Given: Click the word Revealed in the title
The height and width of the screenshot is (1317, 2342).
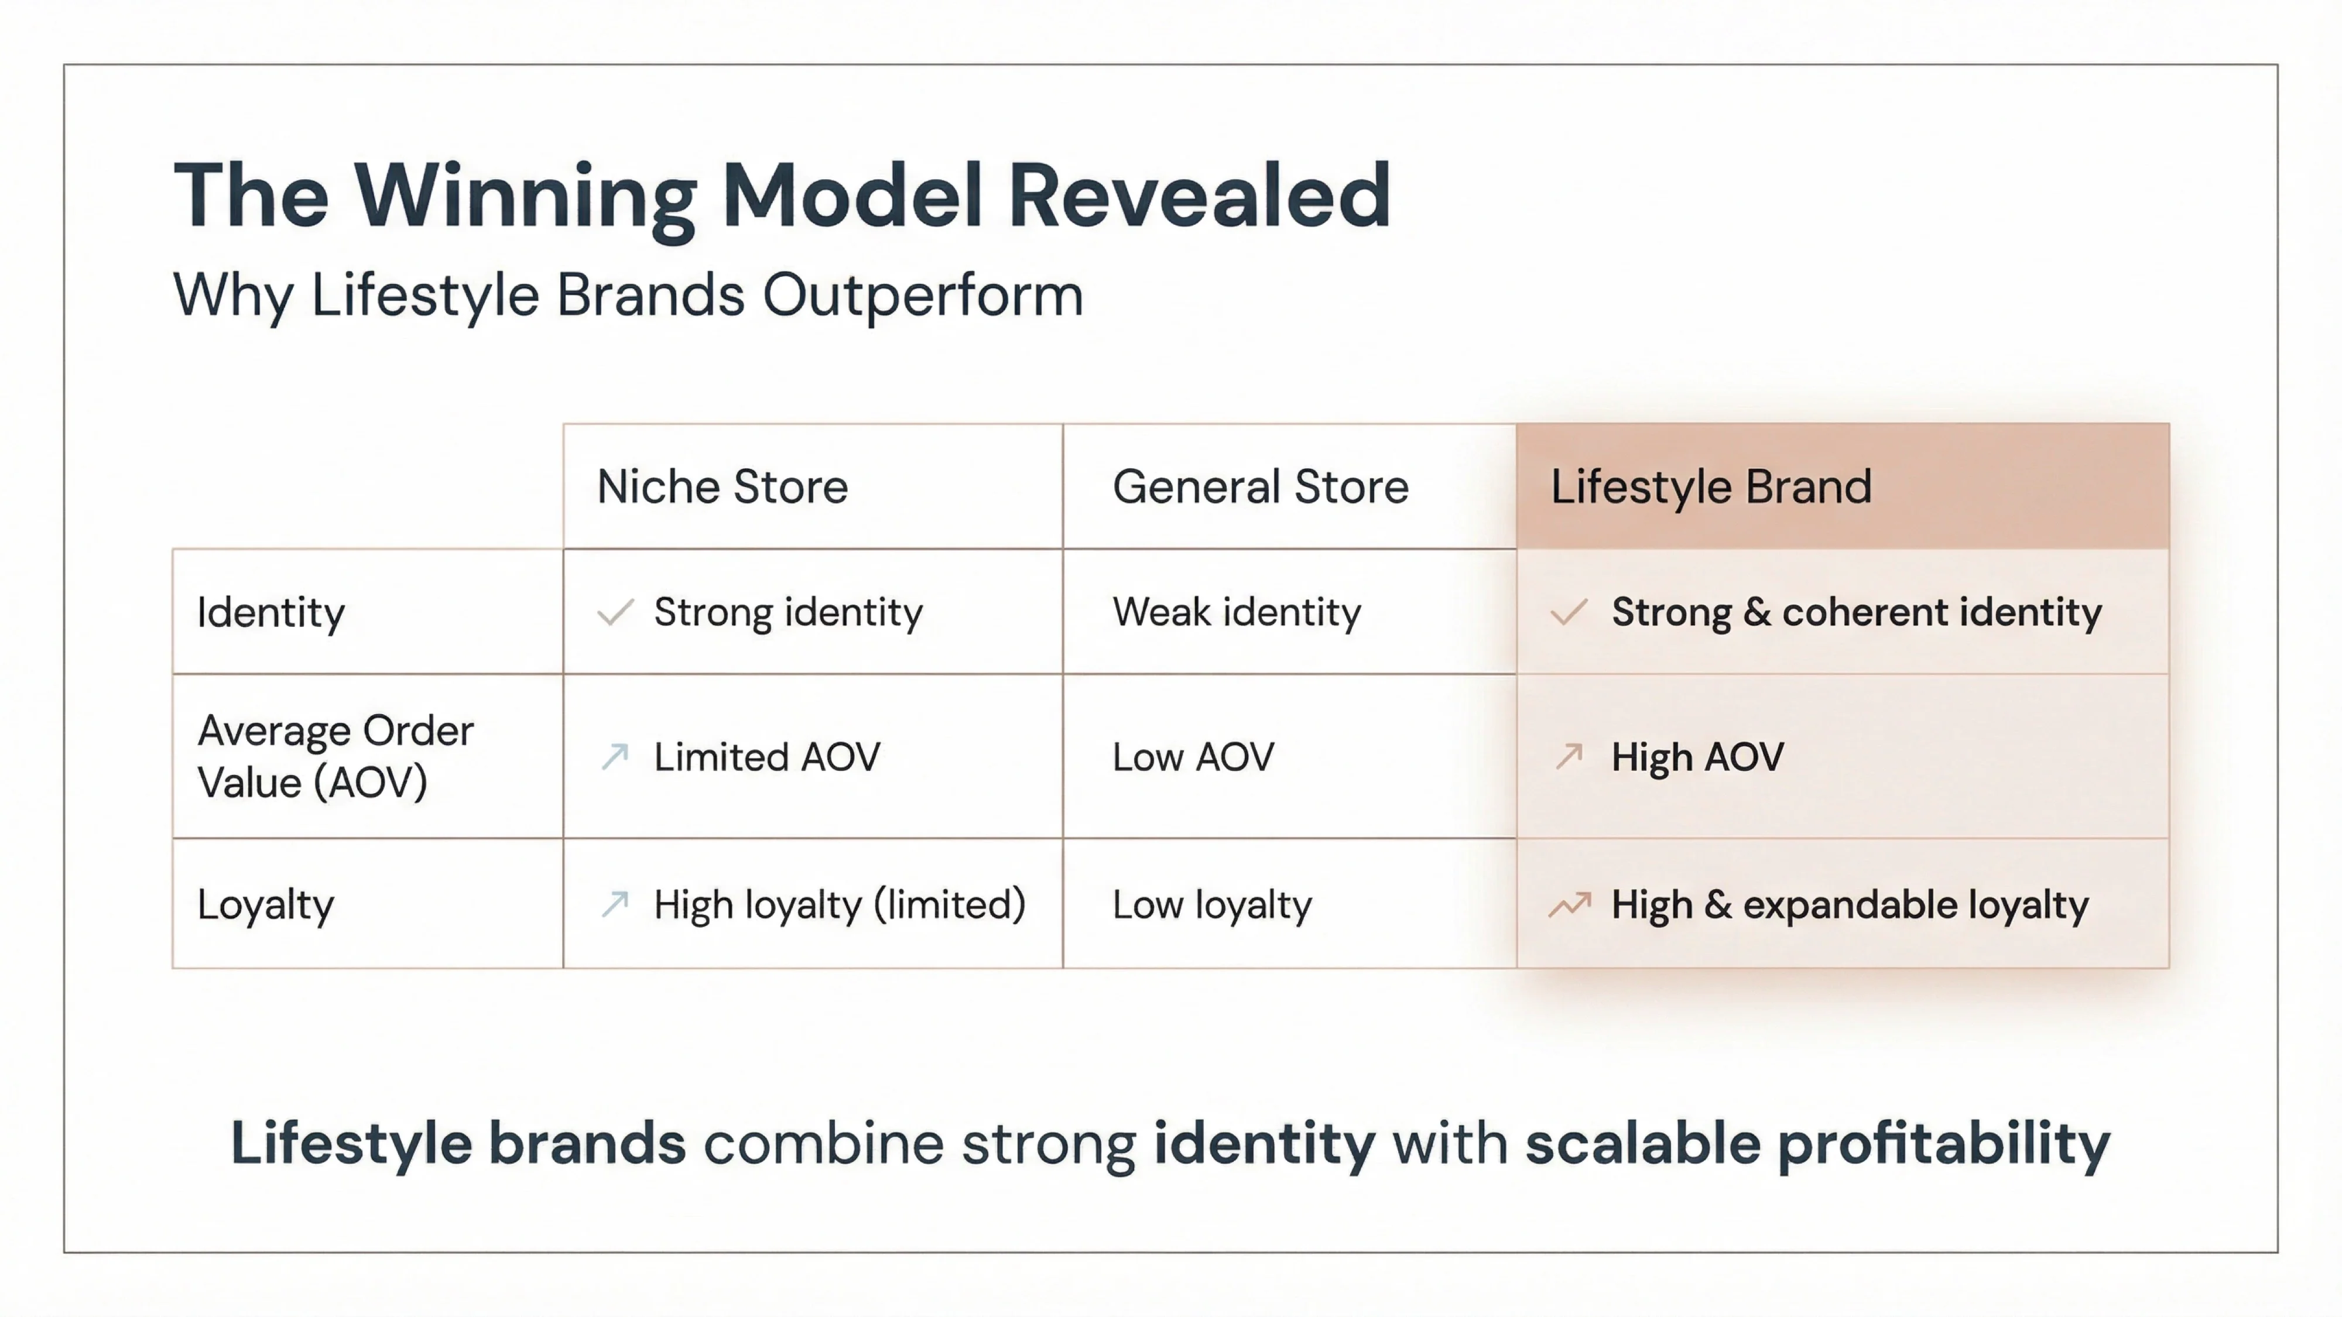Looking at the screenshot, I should pos(1199,196).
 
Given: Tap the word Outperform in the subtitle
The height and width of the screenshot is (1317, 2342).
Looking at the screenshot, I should pos(922,296).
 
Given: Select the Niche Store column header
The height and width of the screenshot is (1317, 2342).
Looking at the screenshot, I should pos(722,486).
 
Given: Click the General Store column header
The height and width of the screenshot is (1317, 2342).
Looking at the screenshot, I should pos(1260,486).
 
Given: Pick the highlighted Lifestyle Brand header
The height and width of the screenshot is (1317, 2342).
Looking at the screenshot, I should pos(1710,486).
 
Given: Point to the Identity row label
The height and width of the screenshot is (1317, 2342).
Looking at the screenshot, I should pos(271,613).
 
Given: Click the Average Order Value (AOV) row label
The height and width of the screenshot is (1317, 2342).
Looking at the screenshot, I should pos(334,756).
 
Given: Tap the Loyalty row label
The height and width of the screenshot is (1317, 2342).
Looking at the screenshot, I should pos(265,904).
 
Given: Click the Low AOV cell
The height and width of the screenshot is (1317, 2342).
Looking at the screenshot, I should pos(1193,757).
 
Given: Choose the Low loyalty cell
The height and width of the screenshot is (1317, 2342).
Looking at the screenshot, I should pos(1212,904).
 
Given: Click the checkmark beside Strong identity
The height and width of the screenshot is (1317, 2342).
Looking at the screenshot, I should pos(615,613).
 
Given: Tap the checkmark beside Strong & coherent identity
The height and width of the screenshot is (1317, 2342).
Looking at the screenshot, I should pos(1569,613).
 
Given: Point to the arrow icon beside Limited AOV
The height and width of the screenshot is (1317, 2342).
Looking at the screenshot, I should pos(615,756).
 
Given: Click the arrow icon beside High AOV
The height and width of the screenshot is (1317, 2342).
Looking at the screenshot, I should pos(1569,756).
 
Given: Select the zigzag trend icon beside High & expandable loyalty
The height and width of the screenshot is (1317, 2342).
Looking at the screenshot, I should pos(1569,904).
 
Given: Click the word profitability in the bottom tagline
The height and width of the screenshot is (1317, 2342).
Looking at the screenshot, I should pos(1943,1143).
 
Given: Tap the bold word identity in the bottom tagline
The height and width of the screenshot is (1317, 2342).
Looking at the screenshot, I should pos(1264,1143).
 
